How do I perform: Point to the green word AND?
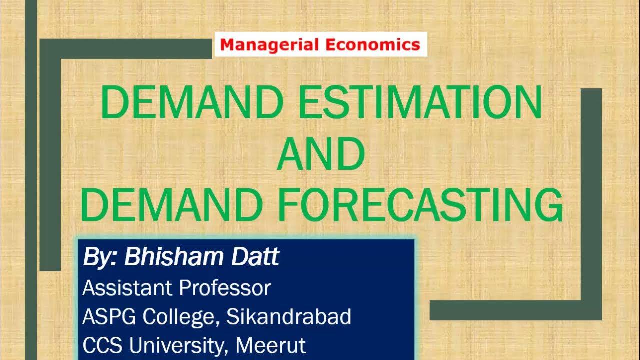point(320,155)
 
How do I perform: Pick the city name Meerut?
point(271,346)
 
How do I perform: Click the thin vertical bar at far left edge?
point(31,180)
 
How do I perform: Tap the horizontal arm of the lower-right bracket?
point(515,310)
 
